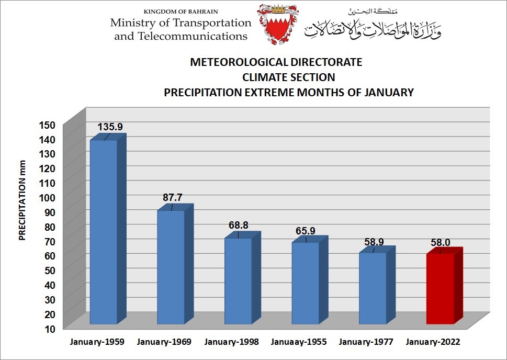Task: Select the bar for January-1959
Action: point(104,230)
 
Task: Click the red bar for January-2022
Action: point(440,288)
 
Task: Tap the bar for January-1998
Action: point(238,280)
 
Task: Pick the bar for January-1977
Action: point(373,288)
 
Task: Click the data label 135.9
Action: point(110,127)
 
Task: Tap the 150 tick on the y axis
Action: point(47,125)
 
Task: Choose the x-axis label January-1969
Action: point(164,342)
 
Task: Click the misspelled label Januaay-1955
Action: point(299,342)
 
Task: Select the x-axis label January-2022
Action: point(433,342)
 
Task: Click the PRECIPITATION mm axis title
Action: point(22,200)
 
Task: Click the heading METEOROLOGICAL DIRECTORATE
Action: point(276,62)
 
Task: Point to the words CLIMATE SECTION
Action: point(288,77)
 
